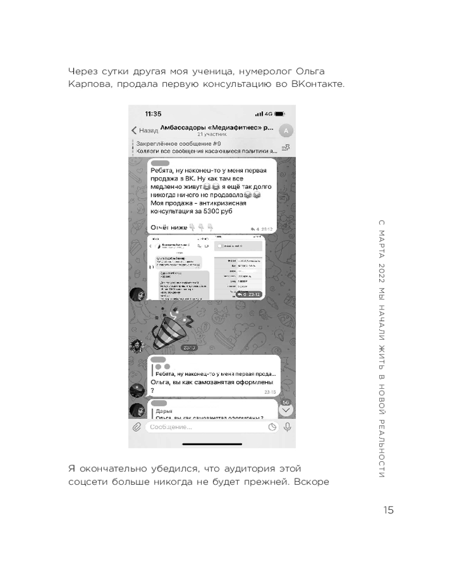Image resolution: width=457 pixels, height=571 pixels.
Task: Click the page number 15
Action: pos(388,510)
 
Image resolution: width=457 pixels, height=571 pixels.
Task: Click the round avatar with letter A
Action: pos(287,131)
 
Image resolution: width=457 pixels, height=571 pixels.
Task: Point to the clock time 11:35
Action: pos(153,114)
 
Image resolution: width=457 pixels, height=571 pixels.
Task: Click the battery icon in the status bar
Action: pos(279,114)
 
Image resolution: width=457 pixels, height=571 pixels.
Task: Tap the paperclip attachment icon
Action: pos(137,427)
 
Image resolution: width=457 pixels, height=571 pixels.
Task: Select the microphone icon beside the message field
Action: pos(287,427)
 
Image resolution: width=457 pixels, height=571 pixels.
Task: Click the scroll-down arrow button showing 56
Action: pos(286,409)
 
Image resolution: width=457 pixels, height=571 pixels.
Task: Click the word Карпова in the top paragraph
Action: pos(87,85)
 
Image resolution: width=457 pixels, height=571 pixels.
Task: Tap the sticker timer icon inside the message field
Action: pos(272,427)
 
